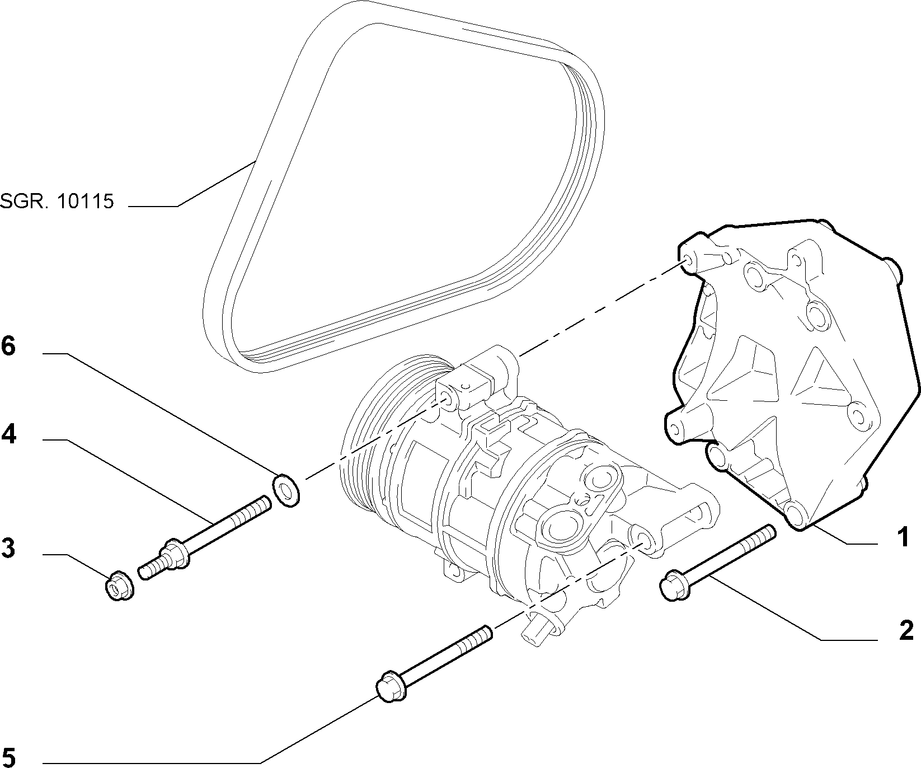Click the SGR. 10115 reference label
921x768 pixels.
(x=57, y=201)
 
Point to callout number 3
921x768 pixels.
(x=8, y=548)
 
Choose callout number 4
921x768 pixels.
(x=8, y=434)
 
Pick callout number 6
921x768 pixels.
(x=8, y=346)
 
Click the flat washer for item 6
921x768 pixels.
(x=286, y=489)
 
